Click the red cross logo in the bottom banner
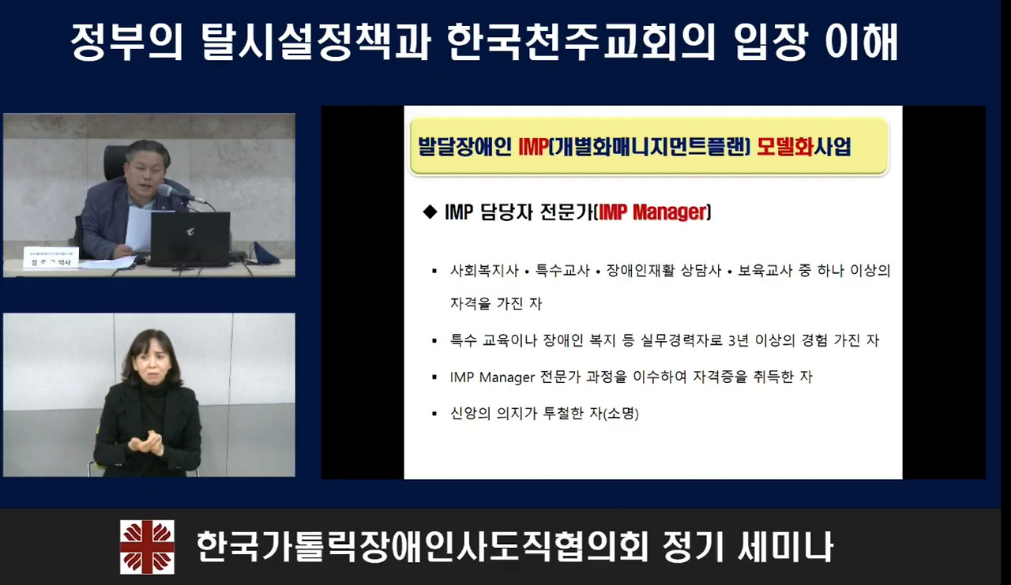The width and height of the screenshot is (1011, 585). (147, 546)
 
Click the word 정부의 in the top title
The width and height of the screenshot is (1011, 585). (126, 42)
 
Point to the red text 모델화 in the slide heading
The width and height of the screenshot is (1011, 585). (785, 147)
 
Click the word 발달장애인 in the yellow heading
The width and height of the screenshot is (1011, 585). (465, 147)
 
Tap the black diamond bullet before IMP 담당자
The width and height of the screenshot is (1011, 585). (430, 212)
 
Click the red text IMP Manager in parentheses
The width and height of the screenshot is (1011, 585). (652, 212)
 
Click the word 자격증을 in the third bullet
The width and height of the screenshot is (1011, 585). (718, 377)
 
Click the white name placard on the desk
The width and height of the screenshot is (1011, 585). (51, 257)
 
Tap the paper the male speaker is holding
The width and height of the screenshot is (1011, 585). (139, 229)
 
